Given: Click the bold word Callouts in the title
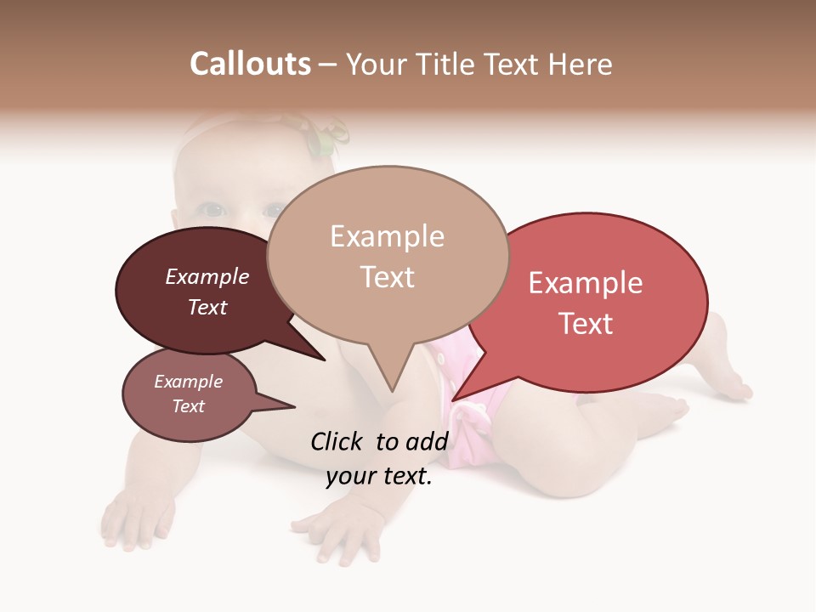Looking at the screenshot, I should click(250, 64).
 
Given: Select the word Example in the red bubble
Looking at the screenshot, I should click(586, 283).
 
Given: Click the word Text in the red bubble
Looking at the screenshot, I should click(586, 324).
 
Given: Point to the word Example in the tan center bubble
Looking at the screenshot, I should click(387, 236).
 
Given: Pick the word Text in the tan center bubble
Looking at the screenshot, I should click(387, 277).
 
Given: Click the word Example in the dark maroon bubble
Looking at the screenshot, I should click(207, 277).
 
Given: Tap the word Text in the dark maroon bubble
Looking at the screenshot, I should click(207, 307).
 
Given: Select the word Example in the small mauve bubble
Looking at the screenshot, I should click(188, 382).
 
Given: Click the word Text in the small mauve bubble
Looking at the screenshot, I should click(188, 406).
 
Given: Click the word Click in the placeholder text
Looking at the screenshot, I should click(339, 441).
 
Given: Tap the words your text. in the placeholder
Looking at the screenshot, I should click(378, 477).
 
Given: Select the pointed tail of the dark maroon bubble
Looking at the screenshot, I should click(322, 358).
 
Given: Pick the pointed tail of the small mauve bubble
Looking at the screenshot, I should click(292, 405).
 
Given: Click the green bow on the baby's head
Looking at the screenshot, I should click(327, 136).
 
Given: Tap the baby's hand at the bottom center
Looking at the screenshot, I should click(336, 531).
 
